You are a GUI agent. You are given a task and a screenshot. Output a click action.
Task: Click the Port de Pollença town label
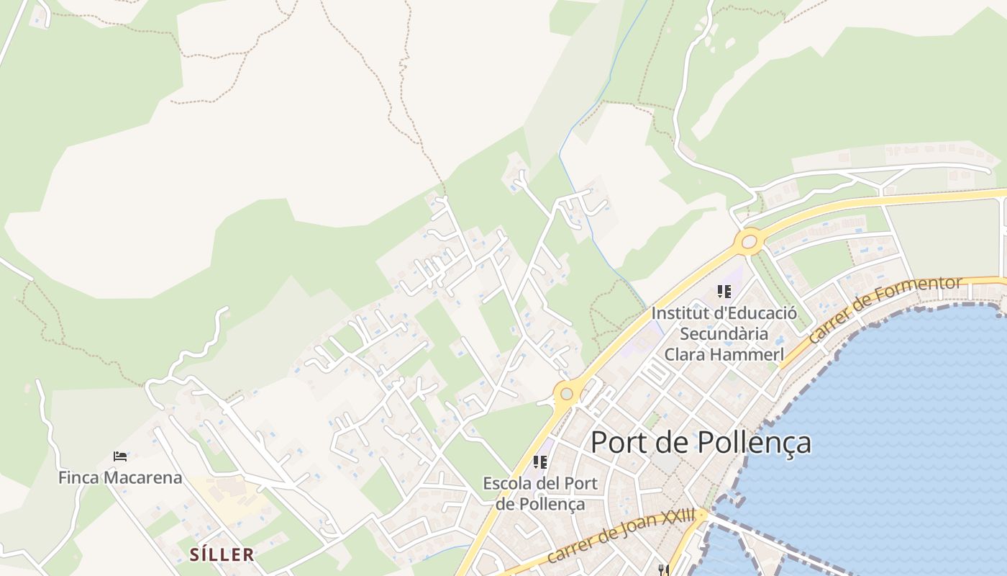coord(701,443)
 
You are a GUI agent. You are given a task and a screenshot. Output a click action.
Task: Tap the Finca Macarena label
coord(120,477)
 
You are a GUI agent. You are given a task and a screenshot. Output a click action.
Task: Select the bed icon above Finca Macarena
coord(120,456)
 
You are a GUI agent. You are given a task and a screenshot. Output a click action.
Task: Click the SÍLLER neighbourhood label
coord(222,554)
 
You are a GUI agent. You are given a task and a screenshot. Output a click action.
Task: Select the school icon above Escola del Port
coord(539,462)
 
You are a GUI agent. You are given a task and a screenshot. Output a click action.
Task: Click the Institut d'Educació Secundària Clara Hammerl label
coord(724,334)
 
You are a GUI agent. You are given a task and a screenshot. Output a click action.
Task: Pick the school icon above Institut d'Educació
coord(724,292)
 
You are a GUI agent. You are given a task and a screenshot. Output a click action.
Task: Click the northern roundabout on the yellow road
coord(749,241)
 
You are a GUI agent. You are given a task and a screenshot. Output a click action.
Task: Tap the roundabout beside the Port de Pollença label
coord(567,394)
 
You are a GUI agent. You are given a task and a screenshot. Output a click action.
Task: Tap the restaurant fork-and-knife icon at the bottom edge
coord(663,570)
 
